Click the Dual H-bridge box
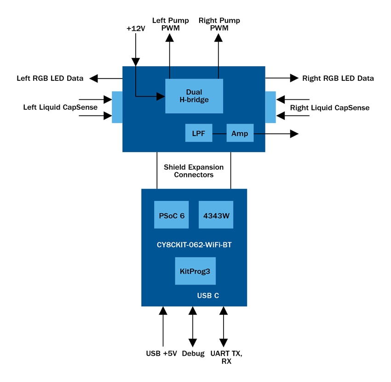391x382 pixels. coord(194,96)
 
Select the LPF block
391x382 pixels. coord(198,133)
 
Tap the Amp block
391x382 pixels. coord(240,133)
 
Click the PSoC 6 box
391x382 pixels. coord(171,215)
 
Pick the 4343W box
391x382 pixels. coord(216,215)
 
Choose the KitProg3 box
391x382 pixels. coord(195,271)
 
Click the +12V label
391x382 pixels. coord(135,29)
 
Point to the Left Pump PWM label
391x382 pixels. coord(170,24)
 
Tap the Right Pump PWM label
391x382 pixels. coord(219,24)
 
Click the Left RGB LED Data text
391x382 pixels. coord(50,78)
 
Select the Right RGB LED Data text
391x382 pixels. coord(338,78)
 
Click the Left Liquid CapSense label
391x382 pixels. coord(60,108)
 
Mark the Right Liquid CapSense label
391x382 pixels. coord(330,108)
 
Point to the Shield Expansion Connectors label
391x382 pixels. coord(194,171)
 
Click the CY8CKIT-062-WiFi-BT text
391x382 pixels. coord(194,245)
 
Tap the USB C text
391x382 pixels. coord(208,296)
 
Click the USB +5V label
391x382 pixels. coord(161,353)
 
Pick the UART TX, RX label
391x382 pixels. coord(226,357)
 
